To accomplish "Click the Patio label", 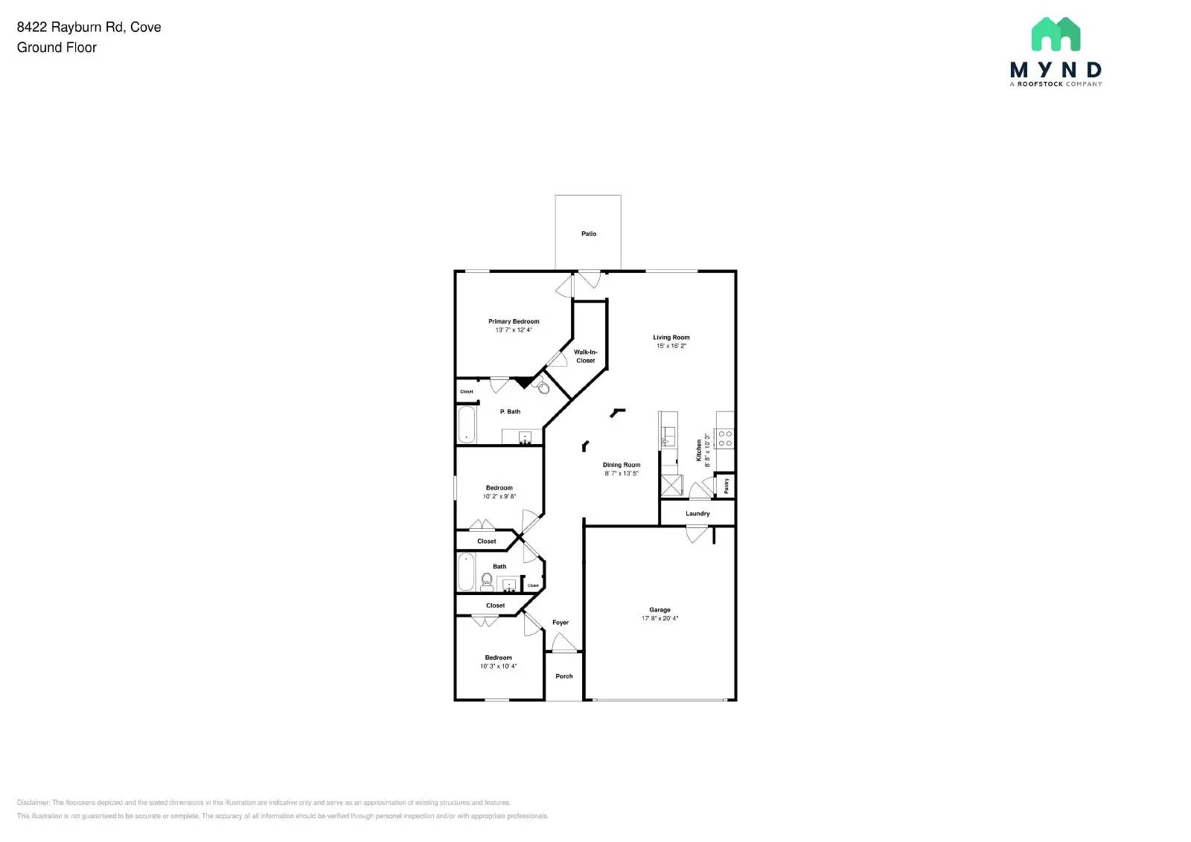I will (x=588, y=234).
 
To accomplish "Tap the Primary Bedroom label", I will (x=514, y=321).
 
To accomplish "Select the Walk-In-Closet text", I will (x=585, y=356).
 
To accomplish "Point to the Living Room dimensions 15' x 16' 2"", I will (x=671, y=346).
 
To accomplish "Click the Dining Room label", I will (x=621, y=465).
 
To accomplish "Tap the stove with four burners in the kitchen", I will (x=725, y=438).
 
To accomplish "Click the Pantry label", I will (x=727, y=486).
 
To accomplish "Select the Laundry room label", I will (x=697, y=513).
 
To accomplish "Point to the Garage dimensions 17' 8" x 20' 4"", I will (x=660, y=618).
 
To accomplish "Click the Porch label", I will (x=563, y=676).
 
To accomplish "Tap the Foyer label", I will (x=560, y=623).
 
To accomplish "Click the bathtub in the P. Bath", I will (x=466, y=424).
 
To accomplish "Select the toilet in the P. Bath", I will (x=543, y=388).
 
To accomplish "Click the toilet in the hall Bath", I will (x=487, y=581).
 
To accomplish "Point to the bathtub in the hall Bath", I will (x=466, y=571).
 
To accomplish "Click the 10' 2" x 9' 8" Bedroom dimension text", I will (x=499, y=496).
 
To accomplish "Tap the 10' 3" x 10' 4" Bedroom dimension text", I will (x=498, y=666).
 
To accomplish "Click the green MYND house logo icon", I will (x=1056, y=34).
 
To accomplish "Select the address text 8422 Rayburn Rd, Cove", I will (x=89, y=27).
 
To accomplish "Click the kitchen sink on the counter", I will (x=668, y=434).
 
